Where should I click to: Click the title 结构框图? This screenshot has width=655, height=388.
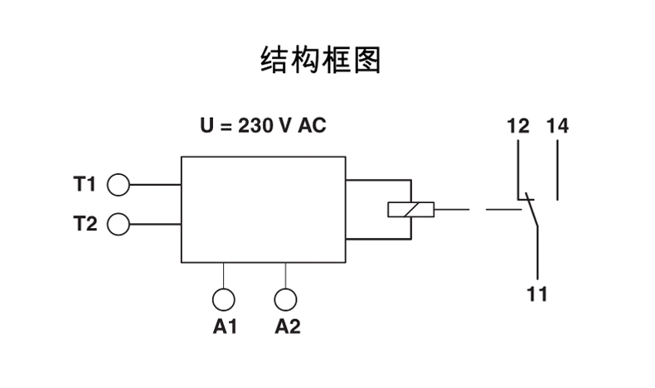321,60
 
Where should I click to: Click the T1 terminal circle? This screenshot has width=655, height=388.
119,184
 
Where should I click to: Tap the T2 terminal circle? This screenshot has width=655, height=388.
119,224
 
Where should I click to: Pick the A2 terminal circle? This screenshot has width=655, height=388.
286,299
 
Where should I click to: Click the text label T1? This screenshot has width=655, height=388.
85,184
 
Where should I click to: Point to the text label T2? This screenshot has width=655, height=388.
85,224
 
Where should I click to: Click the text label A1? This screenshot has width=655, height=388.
226,327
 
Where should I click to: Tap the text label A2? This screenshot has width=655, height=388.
287,327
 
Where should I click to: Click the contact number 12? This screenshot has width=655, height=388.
517,127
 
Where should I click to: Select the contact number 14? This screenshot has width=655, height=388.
557,127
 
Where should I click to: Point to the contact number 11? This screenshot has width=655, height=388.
538,294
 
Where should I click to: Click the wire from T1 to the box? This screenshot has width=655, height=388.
155,184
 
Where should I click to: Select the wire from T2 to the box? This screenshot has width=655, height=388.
155,224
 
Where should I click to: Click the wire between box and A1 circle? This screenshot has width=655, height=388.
225,274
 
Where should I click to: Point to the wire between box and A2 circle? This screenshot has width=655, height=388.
286,274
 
